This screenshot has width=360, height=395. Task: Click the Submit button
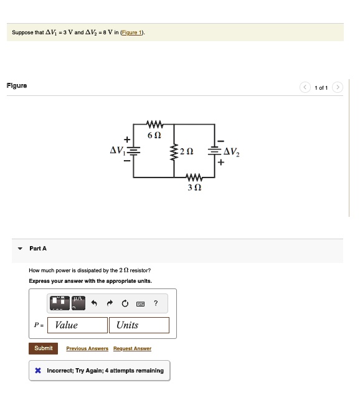43,348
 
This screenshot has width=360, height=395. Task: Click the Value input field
78,325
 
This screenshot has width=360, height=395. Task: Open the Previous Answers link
87,349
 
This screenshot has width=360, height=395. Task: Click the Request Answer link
132,349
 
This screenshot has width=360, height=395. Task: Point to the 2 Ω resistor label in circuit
186,152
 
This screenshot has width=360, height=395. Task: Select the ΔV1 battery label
117,150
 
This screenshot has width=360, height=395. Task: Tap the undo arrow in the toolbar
95,303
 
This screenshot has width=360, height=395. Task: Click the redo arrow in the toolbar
110,303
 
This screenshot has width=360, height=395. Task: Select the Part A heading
38,249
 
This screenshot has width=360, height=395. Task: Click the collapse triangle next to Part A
19,249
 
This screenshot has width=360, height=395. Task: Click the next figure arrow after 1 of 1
337,87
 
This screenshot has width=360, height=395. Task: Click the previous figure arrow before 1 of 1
305,87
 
